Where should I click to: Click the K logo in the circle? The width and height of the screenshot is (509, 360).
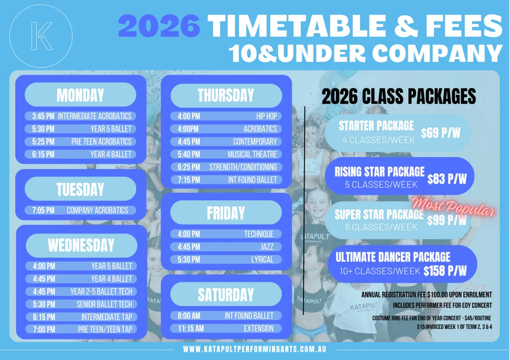[x=42, y=36]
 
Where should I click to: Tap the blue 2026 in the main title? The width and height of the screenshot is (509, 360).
[x=159, y=25]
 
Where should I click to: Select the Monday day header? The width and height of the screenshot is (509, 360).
[x=81, y=95]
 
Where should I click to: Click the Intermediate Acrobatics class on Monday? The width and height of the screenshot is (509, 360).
[x=81, y=116]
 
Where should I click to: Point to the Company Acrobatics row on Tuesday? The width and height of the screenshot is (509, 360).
[x=81, y=210]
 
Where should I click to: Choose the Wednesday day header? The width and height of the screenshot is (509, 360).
[x=81, y=245]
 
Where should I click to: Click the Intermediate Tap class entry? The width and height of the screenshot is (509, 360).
[x=81, y=317]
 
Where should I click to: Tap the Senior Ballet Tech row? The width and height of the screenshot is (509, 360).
[x=81, y=304]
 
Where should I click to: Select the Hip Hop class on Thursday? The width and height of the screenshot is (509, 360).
[x=226, y=116]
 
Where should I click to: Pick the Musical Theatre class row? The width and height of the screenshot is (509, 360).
[x=226, y=154]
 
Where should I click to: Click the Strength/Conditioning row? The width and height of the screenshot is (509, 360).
[x=226, y=167]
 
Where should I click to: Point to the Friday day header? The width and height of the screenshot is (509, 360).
[x=226, y=213]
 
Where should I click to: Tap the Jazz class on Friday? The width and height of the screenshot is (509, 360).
[x=226, y=247]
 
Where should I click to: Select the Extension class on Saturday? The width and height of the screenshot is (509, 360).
[x=226, y=329]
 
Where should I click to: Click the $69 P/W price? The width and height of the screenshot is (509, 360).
[x=441, y=133]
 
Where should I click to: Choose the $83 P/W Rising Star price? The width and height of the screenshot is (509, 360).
[x=447, y=179]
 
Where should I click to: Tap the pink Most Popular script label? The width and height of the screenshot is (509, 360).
[x=454, y=207]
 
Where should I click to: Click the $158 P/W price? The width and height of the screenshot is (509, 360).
[x=445, y=270]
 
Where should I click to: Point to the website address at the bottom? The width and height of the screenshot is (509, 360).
[x=255, y=349]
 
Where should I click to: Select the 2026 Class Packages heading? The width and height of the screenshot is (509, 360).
[x=399, y=96]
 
